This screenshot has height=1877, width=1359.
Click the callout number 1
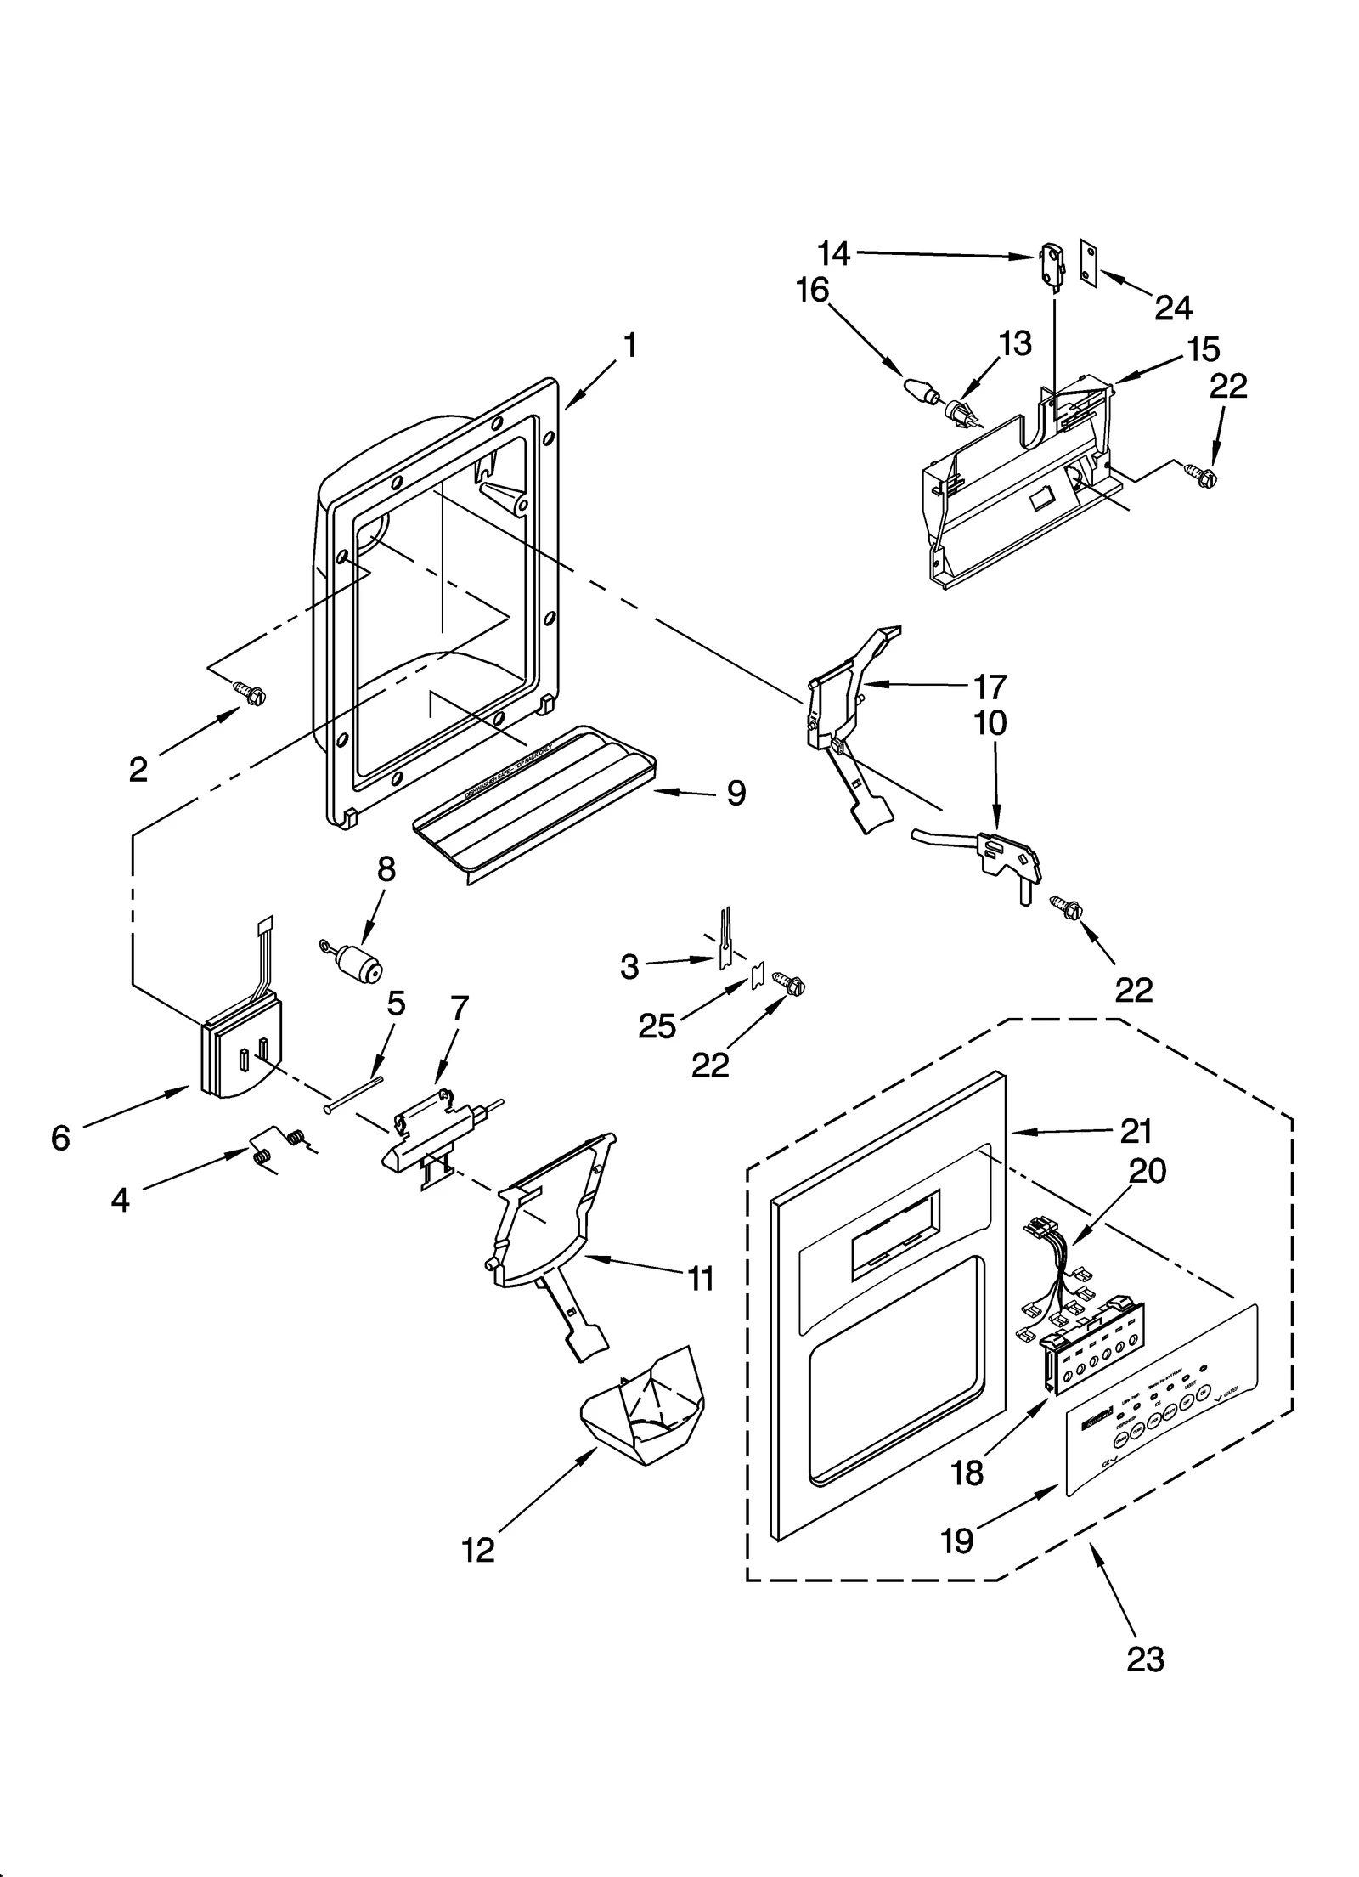tap(629, 346)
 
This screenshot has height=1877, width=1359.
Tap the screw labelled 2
tap(252, 694)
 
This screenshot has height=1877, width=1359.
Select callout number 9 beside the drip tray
tap(736, 793)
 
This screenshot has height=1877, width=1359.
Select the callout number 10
tap(990, 722)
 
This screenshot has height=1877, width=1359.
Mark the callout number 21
tap(1136, 1130)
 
